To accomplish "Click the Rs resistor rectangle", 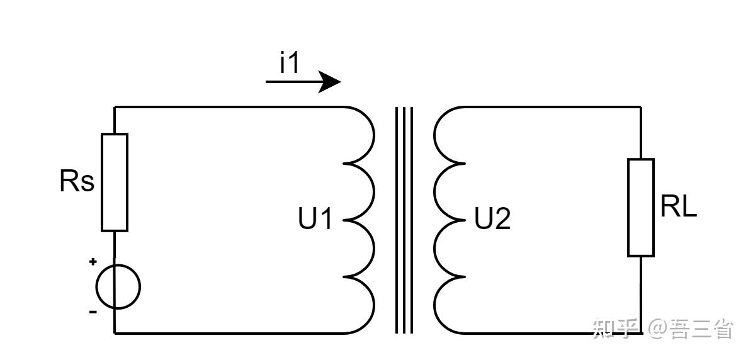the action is pos(115,182).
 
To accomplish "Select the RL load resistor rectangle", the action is pos(640,207).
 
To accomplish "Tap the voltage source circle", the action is pos(118,286).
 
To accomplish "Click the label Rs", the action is pos(77,182).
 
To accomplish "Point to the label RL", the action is pos(679,207).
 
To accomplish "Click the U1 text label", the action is pos(315,220).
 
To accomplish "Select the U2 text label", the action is pos(492,220).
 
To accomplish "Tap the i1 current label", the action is pos(289,64).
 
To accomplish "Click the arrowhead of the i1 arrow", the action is pos(329,82).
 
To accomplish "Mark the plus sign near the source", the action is pos(93,261).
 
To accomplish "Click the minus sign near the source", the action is pos(93,312).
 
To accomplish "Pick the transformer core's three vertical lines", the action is pos(404,220).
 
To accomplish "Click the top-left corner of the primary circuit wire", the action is pos(115,107).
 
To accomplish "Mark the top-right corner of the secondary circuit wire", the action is pos(640,107).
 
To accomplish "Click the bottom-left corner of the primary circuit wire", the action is pos(115,333).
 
